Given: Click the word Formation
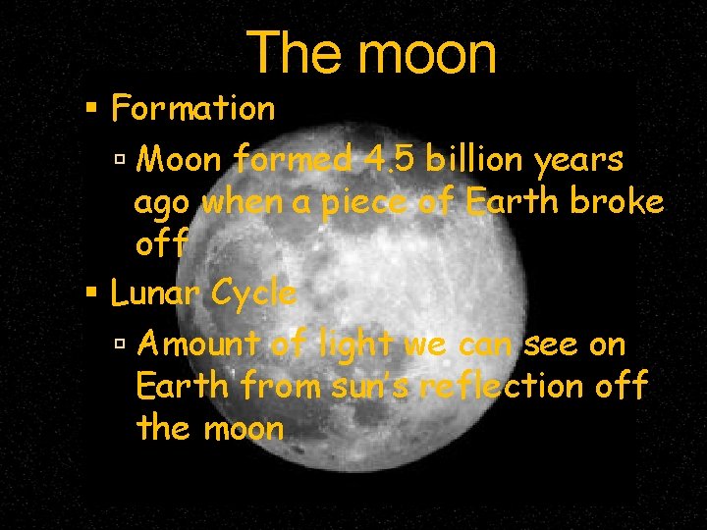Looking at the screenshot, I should pos(193,108).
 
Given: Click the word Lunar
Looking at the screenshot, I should pos(154,292).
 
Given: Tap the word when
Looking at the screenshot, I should pos(234,202).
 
